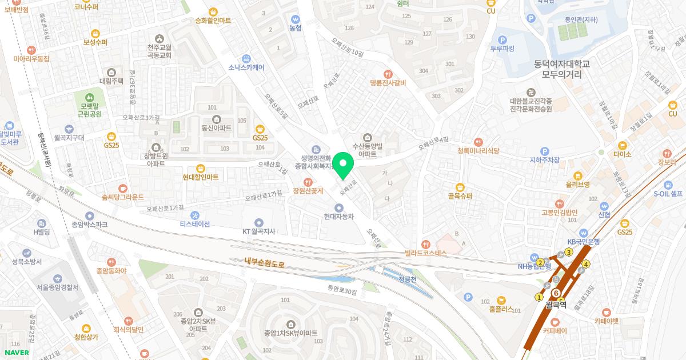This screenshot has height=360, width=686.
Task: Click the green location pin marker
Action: point(343,166)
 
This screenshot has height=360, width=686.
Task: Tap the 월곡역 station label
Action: point(555,305)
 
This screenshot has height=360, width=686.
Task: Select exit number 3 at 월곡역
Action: point(569,253)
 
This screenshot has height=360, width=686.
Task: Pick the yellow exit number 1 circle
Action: point(538,297)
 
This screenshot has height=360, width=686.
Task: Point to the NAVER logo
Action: point(17,353)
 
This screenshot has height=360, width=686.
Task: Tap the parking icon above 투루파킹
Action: point(502,40)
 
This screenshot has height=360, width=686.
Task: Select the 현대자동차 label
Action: point(339,217)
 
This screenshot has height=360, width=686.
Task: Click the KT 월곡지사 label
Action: point(259,231)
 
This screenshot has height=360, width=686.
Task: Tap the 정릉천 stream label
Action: point(408,279)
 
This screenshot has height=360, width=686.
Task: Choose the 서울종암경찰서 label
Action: point(58,287)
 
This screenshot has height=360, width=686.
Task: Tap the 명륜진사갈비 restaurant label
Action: point(388,83)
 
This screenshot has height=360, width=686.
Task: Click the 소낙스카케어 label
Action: point(246,67)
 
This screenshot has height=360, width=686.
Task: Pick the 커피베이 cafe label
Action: point(555,330)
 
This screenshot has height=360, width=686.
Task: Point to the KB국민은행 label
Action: point(583,241)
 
